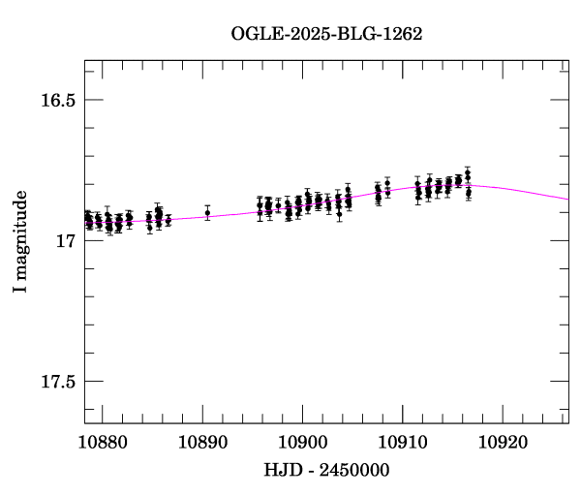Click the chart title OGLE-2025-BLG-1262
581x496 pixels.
326,34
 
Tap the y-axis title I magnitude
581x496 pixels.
20,242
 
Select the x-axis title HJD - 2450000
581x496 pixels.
326,469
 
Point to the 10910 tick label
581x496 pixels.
402,443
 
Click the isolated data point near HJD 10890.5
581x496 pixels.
207,212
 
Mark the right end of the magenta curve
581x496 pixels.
568,199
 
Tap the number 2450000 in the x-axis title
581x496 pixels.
353,469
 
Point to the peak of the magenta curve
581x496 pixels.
474,184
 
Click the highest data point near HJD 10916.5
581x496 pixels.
468,173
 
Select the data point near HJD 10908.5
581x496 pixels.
387,183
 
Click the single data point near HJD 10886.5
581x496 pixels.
168,219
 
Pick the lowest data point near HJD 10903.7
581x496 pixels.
339,213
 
